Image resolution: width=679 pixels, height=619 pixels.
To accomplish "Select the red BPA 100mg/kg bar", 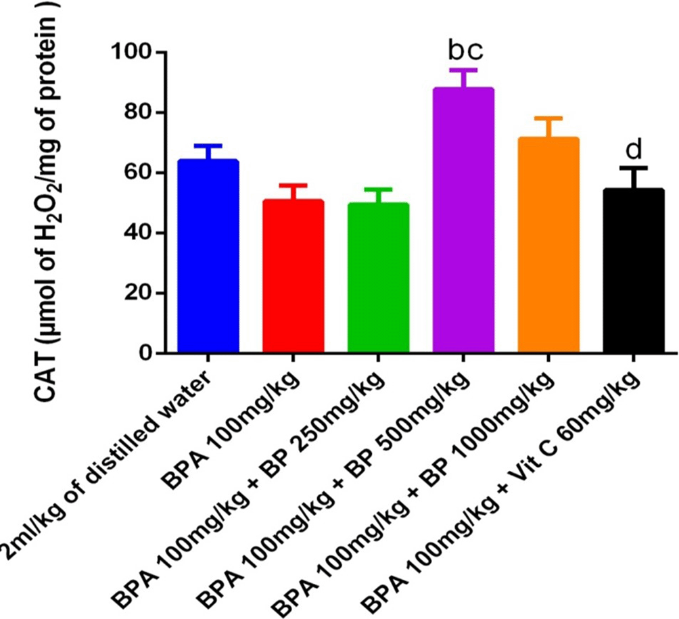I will [294, 277].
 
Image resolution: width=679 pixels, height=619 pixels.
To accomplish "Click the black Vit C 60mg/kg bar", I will [634, 271].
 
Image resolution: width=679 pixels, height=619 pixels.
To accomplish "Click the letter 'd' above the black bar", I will [634, 149].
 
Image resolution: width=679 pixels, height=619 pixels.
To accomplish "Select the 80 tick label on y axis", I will [138, 112].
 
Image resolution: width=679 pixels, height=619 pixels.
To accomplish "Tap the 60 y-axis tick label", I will [138, 173].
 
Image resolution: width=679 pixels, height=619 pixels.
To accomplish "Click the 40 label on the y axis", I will [138, 233].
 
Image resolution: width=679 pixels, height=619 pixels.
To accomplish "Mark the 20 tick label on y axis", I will [138, 293].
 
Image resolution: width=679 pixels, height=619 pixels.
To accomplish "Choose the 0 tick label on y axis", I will [144, 353].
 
